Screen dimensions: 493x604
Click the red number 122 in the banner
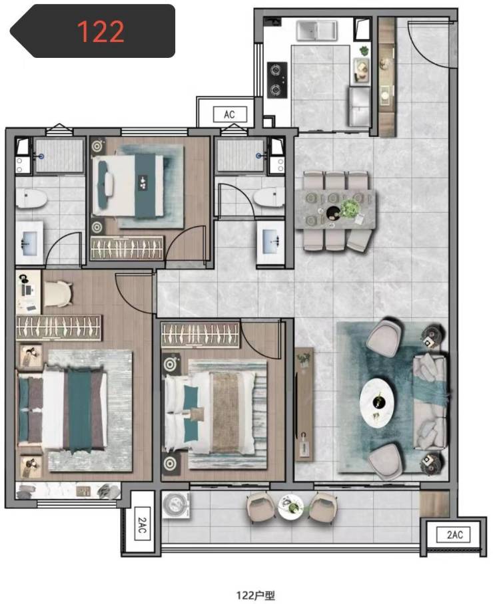[x=101, y=31]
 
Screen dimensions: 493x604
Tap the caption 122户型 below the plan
[x=255, y=595]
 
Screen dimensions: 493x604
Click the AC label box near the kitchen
[x=230, y=114]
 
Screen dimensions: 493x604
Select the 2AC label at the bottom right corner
[x=454, y=535]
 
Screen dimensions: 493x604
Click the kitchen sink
[x=316, y=31]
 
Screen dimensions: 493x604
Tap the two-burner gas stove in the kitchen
[x=277, y=80]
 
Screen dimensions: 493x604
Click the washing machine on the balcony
[x=176, y=505]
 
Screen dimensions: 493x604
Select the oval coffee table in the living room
[x=377, y=402]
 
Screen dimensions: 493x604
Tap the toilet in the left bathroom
[x=31, y=198]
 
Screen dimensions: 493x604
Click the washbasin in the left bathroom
[x=30, y=243]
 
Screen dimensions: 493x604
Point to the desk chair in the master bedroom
[x=58, y=294]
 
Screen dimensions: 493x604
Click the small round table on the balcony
[x=291, y=506]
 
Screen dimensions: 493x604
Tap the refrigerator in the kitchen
[x=360, y=106]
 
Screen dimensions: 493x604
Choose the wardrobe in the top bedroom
[x=127, y=247]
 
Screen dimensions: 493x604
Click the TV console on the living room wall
[x=304, y=404]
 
